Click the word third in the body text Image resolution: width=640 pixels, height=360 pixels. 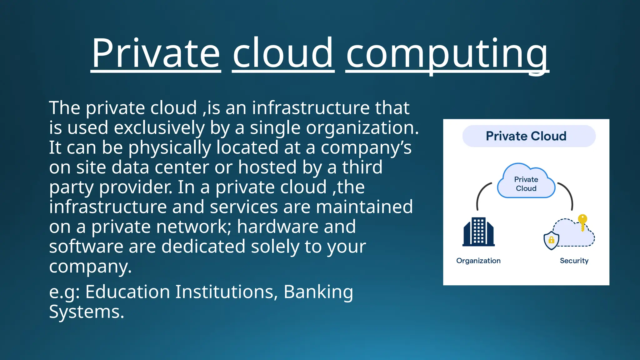pyautogui.click(x=362, y=167)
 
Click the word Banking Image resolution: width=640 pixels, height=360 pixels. pyautogui.click(x=318, y=292)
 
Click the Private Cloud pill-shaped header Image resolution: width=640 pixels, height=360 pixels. pyautogui.click(x=529, y=136)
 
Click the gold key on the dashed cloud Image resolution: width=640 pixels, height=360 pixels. pyautogui.click(x=582, y=222)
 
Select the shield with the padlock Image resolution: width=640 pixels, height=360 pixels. pyautogui.click(x=551, y=240)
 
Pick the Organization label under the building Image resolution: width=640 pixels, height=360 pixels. pyautogui.click(x=478, y=261)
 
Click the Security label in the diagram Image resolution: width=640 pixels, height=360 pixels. pyautogui.click(x=574, y=261)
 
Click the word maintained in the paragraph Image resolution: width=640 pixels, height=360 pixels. pyautogui.click(x=364, y=207)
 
